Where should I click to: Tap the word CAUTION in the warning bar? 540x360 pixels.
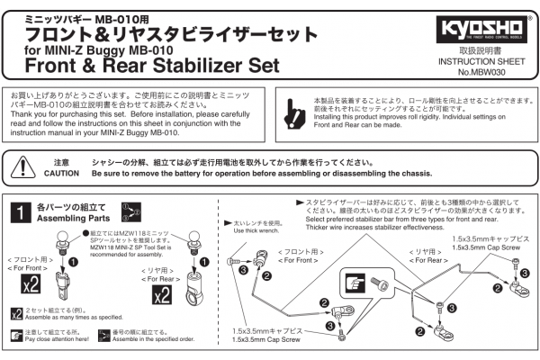61,173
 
